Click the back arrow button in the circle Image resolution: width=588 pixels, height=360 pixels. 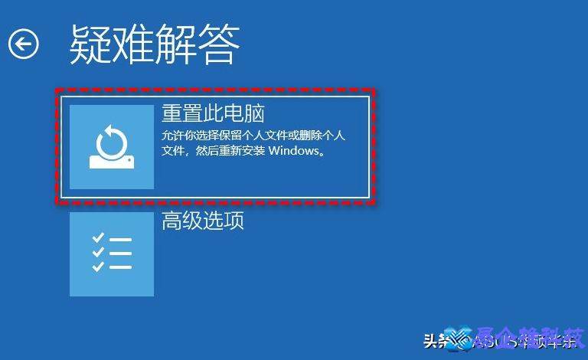point(23,44)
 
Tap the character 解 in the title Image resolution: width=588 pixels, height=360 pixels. point(176,44)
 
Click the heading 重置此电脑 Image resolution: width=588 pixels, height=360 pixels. point(213,114)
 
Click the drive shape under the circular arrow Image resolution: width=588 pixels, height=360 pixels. point(112,161)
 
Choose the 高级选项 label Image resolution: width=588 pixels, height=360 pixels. point(203,221)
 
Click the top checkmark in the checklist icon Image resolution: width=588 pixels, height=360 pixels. point(98,239)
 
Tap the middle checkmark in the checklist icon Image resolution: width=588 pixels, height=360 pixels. point(98,253)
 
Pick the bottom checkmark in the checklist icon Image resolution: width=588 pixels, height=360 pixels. point(98,267)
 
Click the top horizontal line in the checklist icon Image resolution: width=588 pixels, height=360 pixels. point(121,240)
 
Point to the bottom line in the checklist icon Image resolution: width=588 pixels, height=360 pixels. point(121,267)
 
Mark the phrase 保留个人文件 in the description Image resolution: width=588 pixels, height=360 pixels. point(238,136)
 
